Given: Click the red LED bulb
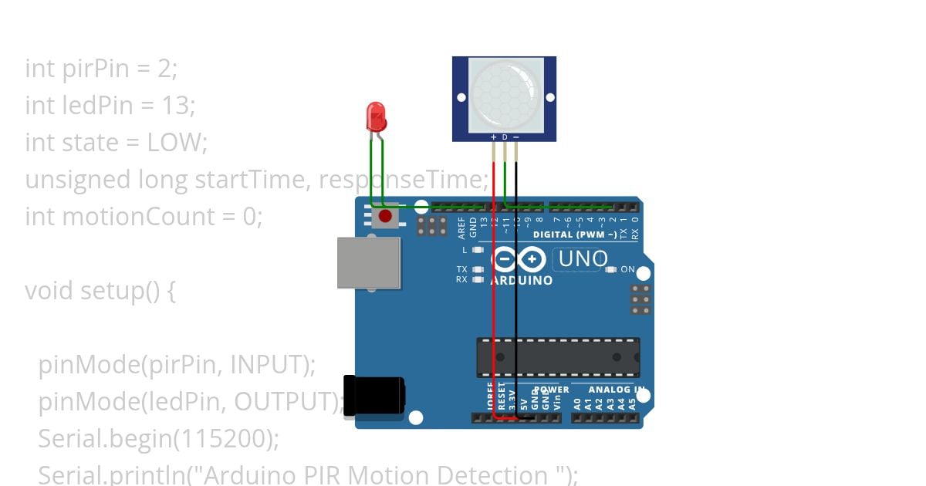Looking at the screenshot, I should (377, 116).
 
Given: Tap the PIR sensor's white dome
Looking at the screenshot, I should (505, 95).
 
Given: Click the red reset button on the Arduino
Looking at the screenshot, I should (385, 218).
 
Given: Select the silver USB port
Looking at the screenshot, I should (369, 262).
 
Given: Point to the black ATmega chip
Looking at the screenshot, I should (558, 356).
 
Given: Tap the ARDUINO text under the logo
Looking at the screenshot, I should (522, 281).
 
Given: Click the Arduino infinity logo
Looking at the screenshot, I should (519, 259).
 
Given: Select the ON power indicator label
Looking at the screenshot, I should (627, 270).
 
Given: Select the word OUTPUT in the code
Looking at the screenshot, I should (284, 402).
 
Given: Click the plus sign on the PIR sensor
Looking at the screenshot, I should (494, 137).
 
